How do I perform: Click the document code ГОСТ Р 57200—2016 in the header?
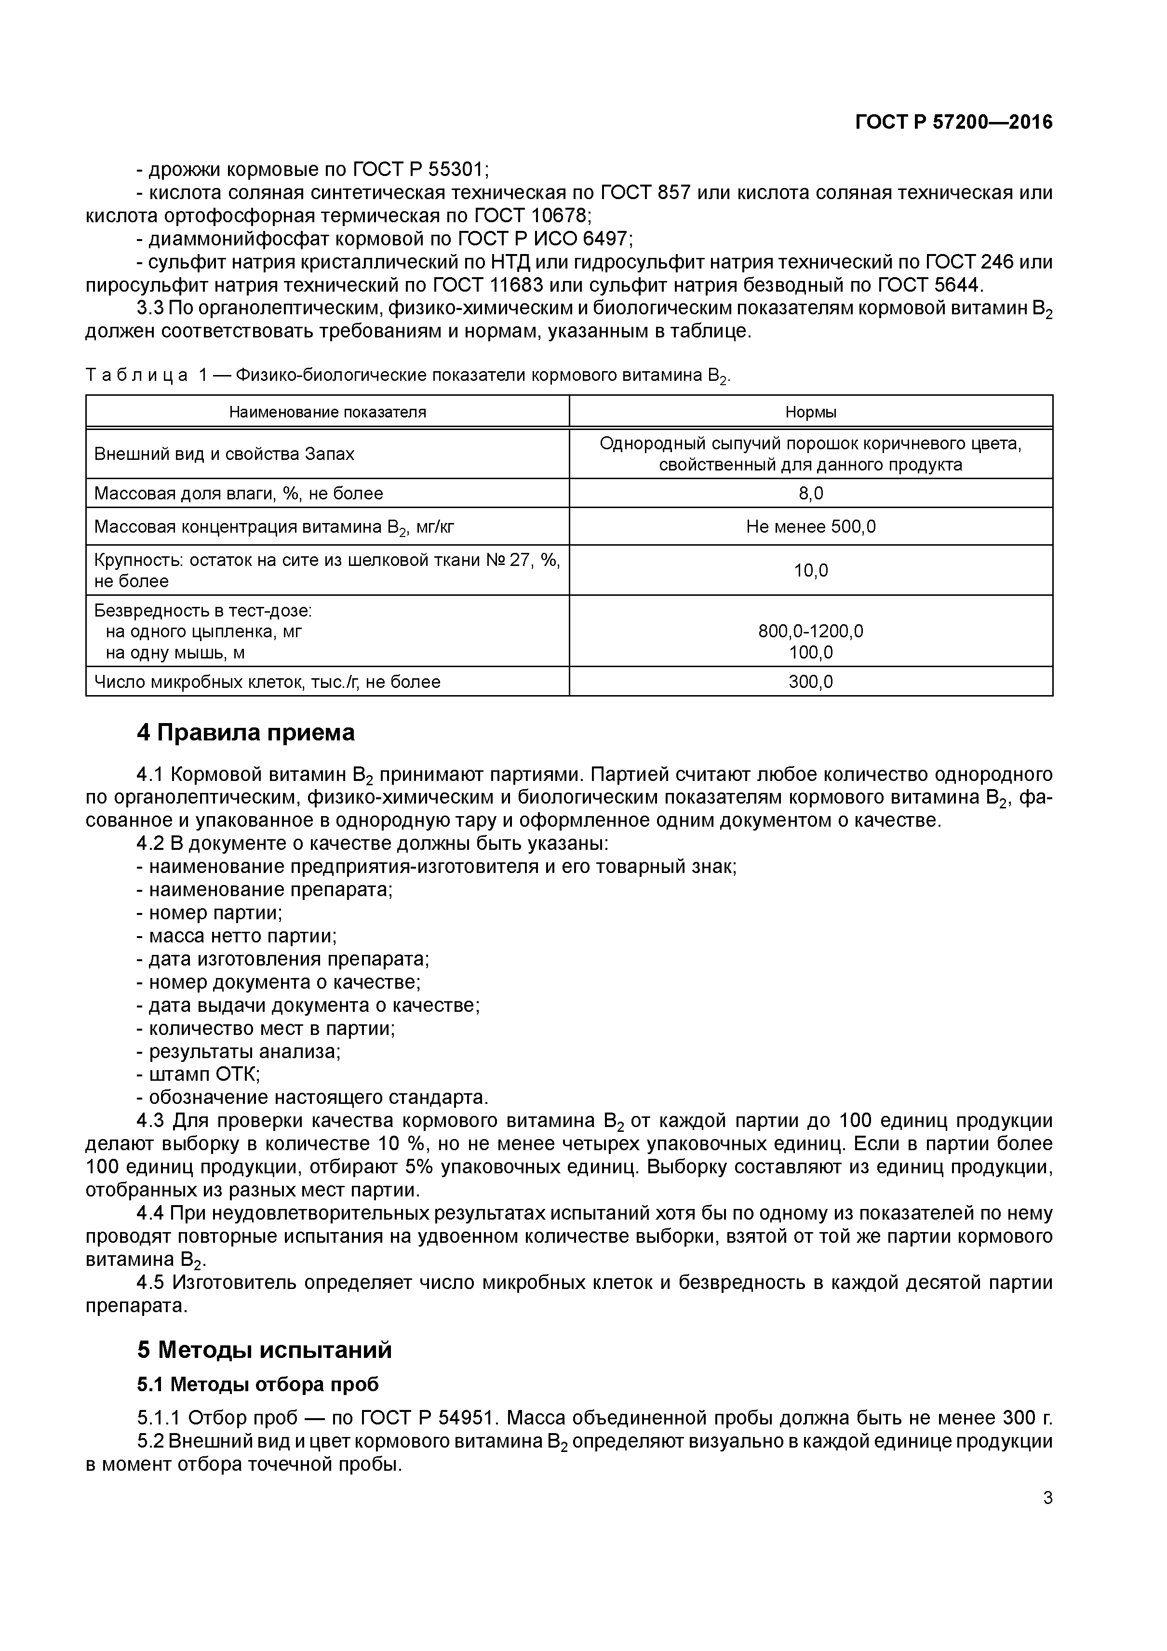(x=953, y=122)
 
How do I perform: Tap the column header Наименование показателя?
(x=327, y=412)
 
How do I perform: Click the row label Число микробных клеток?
(x=267, y=682)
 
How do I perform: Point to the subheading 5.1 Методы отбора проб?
(x=257, y=1384)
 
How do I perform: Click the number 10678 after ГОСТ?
(x=560, y=216)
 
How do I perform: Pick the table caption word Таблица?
(x=136, y=375)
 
